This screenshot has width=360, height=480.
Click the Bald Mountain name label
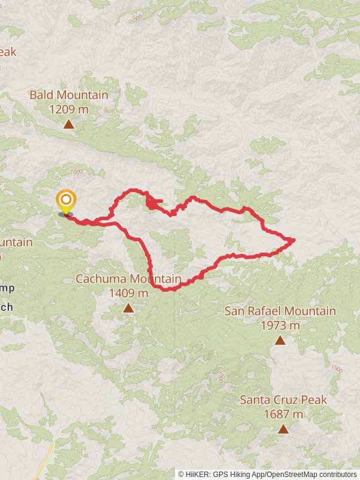pos(69,95)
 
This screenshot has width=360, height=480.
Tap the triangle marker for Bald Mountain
pos(69,124)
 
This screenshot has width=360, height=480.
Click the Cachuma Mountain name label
pos(128,279)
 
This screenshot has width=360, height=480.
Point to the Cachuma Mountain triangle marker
pos(128,308)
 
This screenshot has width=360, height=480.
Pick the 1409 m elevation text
pos(128,293)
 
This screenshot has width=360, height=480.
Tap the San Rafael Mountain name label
pos(280,311)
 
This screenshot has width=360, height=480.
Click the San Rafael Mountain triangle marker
pos(280,340)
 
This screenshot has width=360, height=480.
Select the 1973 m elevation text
pos(280,326)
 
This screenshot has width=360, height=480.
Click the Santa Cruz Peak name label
pos(283,400)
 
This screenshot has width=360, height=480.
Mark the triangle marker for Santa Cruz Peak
pos(283,428)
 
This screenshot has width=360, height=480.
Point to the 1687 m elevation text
pos(283,414)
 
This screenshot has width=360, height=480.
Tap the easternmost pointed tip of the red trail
pos(294,240)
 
